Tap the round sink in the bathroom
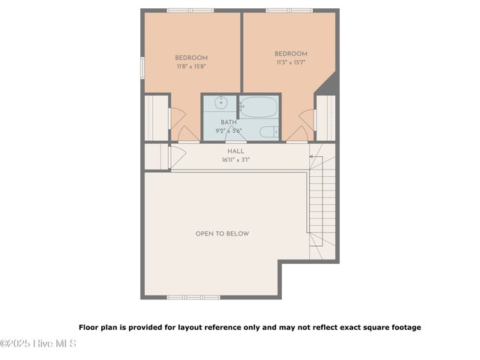coord(221,103)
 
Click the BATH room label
coord(229,121)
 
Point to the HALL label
coord(235,151)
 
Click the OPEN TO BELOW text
coord(222,234)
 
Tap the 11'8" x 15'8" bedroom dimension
coord(191,67)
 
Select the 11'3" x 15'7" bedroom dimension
coord(290,62)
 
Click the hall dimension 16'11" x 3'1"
coord(235,160)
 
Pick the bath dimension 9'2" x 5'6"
coord(229,130)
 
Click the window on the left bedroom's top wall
coord(188,10)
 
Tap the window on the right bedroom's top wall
coord(289,10)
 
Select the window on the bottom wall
coord(188,297)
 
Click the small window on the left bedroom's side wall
coord(142,67)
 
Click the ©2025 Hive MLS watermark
coord(38,343)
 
